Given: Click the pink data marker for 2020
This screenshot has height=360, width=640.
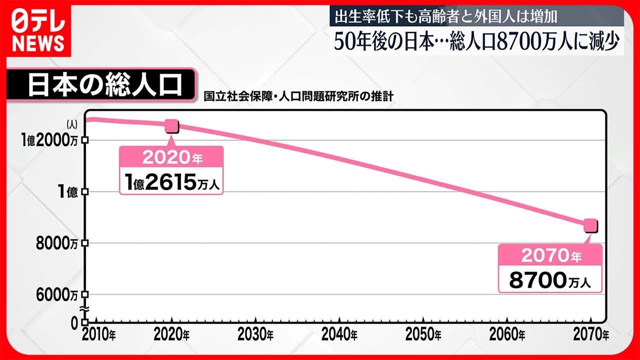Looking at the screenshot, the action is coord(172,126).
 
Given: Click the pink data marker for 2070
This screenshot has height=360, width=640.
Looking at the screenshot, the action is coord(590,225).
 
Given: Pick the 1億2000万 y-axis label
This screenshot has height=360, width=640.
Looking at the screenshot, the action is coord(49,140).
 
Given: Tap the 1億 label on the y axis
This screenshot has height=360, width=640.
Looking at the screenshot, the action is coord(67,191).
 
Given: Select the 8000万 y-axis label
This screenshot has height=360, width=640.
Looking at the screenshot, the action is coord(57,243).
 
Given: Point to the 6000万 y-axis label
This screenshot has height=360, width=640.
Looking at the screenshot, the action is coord(57,295).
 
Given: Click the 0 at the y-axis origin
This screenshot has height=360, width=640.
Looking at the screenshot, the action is coord(74,323).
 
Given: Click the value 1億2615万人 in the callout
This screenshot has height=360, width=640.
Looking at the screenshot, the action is coord(172,182).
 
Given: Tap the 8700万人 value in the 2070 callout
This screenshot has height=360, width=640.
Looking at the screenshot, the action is coord(550,280).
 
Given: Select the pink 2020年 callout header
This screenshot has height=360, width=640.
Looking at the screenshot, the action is coord(171,157).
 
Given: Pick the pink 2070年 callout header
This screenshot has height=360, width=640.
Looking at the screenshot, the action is coord(550,255).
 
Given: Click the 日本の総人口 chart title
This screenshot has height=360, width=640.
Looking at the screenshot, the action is coord(105,85).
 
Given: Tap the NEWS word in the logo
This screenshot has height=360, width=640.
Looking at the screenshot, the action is coord(38,43).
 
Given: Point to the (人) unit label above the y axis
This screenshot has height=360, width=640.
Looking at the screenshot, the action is coord(72,124).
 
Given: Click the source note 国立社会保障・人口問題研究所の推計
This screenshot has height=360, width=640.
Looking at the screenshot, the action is coord(298,96).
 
